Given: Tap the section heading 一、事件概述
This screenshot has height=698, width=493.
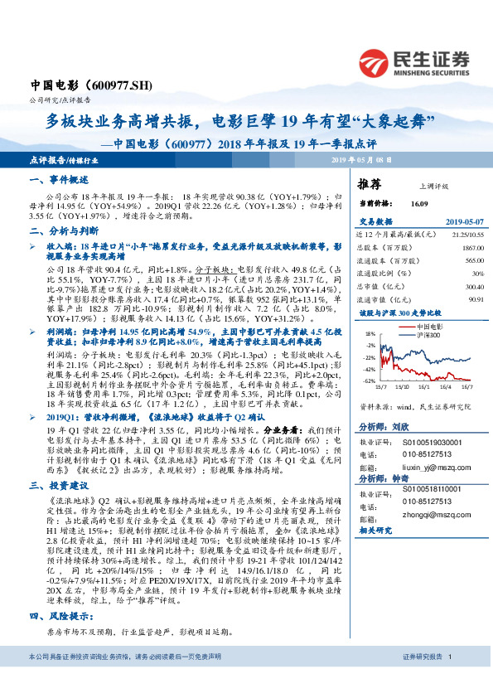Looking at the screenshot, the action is pyautogui.click(x=59, y=180).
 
